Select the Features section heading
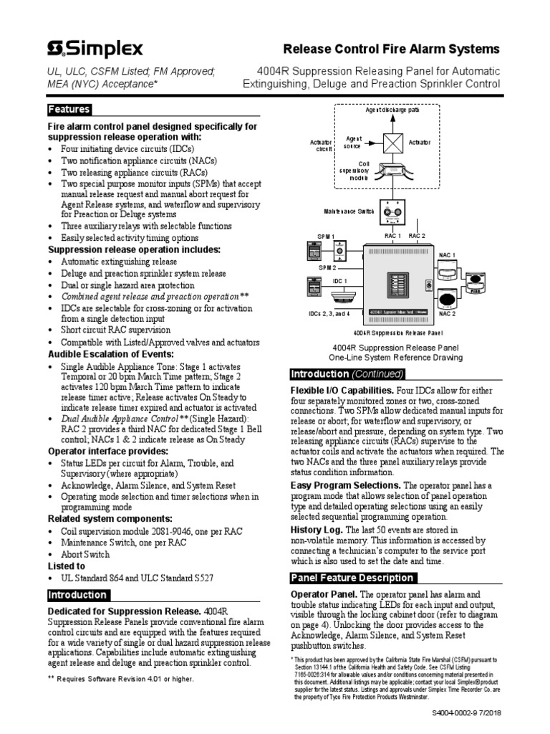tap(69, 110)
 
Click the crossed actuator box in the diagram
tap(392, 143)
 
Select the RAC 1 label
tap(391, 236)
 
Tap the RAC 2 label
tap(417, 236)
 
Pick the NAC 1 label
tap(447, 255)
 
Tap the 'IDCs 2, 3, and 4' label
tap(329, 313)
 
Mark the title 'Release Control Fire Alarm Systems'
tap(392, 49)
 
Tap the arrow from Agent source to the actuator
tap(373, 143)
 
